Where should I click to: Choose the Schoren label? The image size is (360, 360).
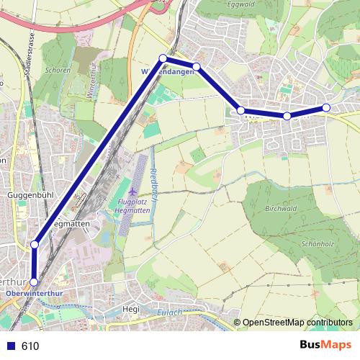click(57, 71)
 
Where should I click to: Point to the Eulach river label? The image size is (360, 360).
click(170, 312)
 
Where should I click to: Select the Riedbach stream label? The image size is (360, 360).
click(153, 179)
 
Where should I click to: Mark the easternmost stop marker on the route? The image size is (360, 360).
click(325, 108)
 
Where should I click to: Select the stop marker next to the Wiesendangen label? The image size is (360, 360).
click(163, 58)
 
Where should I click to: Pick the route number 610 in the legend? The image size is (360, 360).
click(30, 346)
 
